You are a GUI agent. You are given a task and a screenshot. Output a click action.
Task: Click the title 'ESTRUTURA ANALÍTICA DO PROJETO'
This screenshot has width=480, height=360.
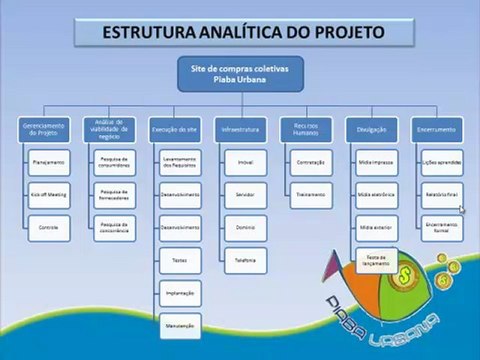(x=243, y=32)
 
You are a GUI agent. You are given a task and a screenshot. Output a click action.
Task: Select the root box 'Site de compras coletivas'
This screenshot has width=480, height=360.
(x=243, y=75)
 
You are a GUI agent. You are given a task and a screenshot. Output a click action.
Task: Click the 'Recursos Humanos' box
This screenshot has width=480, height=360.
(x=306, y=130)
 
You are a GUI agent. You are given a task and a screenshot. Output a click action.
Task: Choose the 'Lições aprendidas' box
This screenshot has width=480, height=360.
(x=441, y=162)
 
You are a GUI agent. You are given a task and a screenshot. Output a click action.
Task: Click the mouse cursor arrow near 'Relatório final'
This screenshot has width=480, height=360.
(x=461, y=209)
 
